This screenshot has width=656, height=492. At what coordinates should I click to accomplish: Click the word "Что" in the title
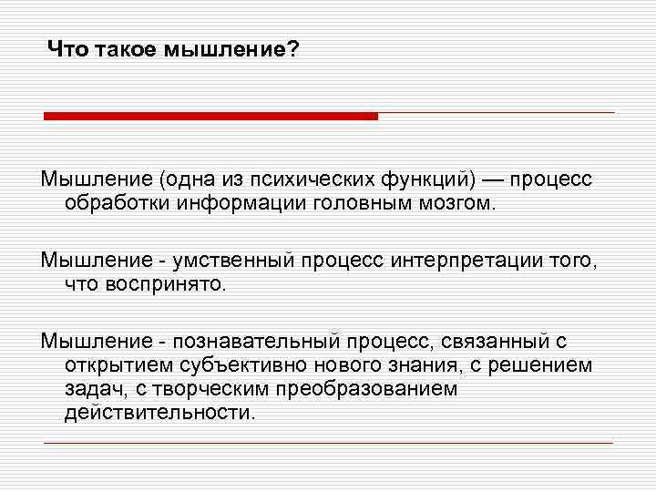coord(66,50)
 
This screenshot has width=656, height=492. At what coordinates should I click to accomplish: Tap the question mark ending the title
coord(293,50)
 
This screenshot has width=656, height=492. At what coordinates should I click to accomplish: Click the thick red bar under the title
coord(210,116)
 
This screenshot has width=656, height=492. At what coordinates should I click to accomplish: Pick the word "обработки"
coord(112,200)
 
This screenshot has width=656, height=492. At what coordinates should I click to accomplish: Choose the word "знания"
coord(435,365)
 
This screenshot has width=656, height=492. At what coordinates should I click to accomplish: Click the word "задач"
coord(95,389)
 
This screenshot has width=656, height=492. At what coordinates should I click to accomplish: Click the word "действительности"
coord(159,413)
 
